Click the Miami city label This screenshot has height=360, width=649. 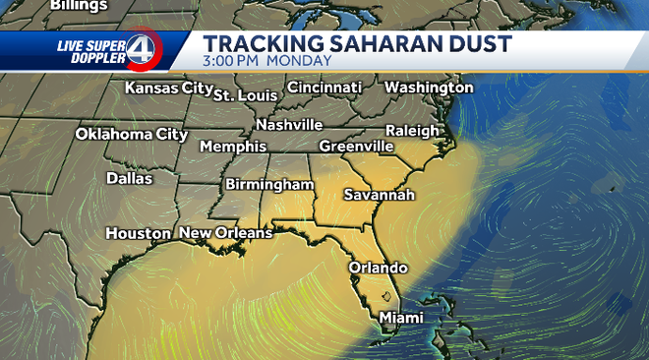(x=401, y=318)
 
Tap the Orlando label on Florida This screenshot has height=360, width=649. (x=378, y=268)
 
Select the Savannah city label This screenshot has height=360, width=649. (x=379, y=195)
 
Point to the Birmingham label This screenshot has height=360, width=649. (x=269, y=184)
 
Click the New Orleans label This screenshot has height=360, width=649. (x=225, y=233)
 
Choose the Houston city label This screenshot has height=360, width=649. (x=139, y=234)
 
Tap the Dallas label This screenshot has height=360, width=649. (x=130, y=179)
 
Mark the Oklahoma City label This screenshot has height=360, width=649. (x=132, y=134)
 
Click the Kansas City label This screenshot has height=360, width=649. (x=168, y=89)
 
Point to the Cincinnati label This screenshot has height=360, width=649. (x=324, y=88)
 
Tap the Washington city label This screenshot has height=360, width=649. (x=429, y=88)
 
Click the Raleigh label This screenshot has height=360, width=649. (x=412, y=130)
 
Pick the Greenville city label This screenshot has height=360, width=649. (x=356, y=146)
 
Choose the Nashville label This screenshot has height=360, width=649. (x=289, y=125)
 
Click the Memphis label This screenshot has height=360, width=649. (x=233, y=146)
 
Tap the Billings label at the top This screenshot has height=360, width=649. (x=78, y=6)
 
